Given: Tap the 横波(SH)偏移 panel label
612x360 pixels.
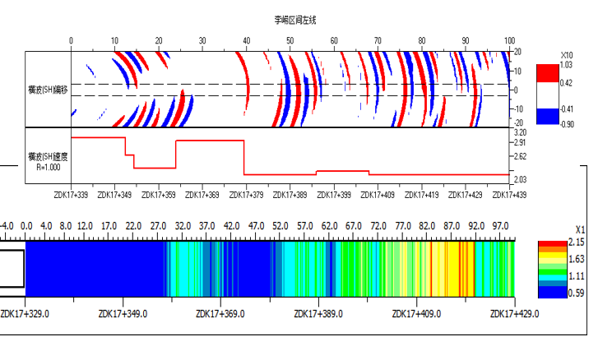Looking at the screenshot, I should [x=49, y=89].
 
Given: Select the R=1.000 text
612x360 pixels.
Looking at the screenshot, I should [x=49, y=166].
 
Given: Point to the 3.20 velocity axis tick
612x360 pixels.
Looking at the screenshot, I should [x=519, y=132].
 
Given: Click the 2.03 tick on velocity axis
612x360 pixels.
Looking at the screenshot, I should [x=519, y=179].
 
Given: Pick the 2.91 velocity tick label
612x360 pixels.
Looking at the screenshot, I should [x=519, y=143].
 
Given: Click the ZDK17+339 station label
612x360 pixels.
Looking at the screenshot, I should [x=70, y=195].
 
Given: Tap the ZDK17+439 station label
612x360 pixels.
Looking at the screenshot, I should [x=508, y=195].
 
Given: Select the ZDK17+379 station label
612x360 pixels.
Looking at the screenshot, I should [x=245, y=195].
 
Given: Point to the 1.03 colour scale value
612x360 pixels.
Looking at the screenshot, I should [x=565, y=64].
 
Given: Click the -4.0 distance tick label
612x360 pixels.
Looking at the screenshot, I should [x=7, y=225].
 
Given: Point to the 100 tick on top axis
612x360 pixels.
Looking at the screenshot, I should [x=509, y=40].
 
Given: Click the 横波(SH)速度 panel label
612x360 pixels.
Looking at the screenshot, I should [x=49, y=155].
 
